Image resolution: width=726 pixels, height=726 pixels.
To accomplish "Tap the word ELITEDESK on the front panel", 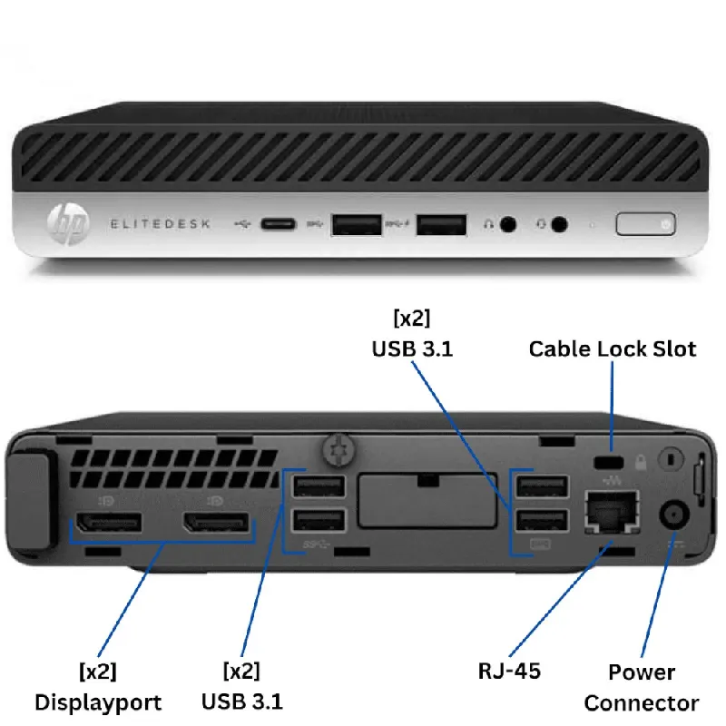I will tap(161, 223).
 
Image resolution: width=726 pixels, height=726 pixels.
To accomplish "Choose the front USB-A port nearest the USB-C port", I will tap(356, 223).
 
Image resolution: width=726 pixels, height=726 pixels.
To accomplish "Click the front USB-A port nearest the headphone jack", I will tap(441, 223).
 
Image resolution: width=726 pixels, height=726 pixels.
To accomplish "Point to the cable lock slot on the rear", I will tap(603, 462).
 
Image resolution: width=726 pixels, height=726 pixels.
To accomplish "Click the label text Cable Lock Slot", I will tap(613, 348).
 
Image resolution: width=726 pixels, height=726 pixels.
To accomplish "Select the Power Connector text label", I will tap(641, 687).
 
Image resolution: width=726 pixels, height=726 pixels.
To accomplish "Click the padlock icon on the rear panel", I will tap(641, 462).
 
